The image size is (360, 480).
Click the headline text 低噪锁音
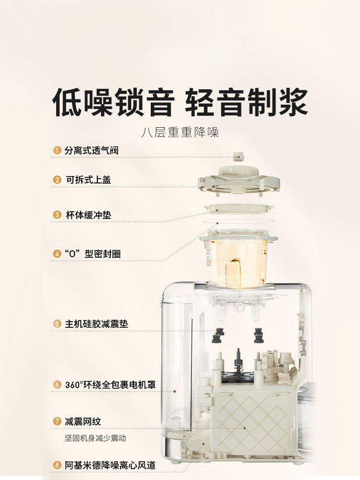point(113,102)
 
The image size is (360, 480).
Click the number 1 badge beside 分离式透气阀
point(57,151)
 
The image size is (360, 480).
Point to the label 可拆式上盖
point(88,180)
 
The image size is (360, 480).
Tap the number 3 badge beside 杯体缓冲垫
point(57,215)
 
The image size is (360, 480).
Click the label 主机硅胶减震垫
point(96,324)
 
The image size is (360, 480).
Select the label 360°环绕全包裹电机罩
point(110,385)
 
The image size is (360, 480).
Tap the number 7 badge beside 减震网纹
point(57,421)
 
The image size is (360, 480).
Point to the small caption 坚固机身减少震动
point(96,438)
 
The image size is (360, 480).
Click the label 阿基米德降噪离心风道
point(110,465)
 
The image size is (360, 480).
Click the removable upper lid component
point(238,180)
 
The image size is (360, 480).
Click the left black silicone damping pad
point(221,333)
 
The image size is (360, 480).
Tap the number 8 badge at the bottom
point(57,465)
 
